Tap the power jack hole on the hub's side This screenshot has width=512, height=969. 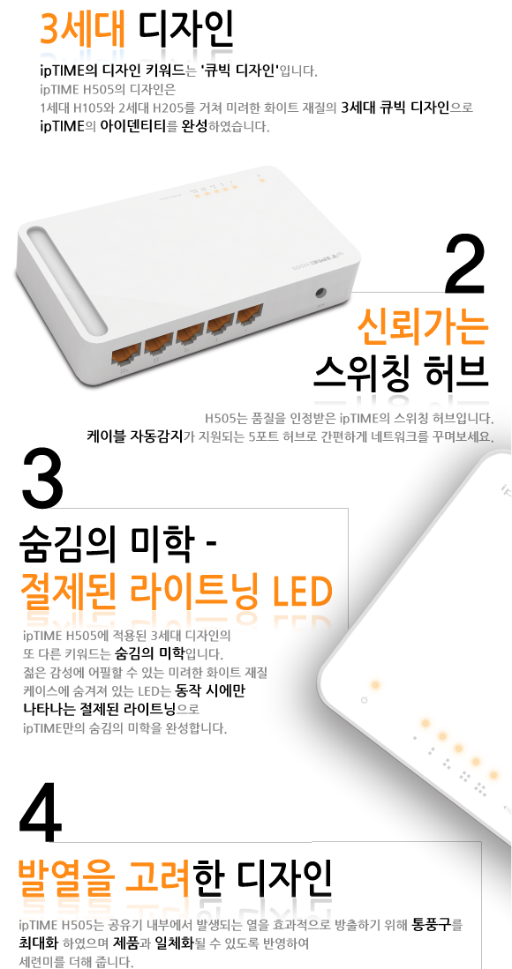coord(321,294)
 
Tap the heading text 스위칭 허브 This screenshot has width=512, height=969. coord(402,373)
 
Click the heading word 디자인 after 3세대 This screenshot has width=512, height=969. coord(185,29)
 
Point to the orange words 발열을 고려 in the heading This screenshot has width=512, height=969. coord(105,877)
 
